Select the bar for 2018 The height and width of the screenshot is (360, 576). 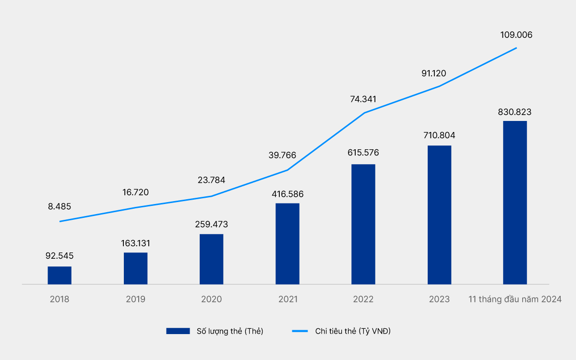point(60,276)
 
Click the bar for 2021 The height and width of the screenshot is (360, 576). point(288,244)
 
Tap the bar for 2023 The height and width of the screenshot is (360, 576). point(439,215)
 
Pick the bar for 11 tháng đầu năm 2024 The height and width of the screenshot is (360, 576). point(515,203)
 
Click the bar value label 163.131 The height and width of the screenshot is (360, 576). point(135,243)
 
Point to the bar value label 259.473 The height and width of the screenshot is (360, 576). point(212,224)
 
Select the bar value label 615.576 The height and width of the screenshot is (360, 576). point(363,153)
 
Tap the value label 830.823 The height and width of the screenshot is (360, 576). point(515,112)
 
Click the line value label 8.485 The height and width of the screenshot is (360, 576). point(60,207)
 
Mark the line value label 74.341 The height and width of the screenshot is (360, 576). point(363,99)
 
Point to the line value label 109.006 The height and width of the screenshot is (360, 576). point(516,35)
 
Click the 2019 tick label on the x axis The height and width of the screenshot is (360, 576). point(135,299)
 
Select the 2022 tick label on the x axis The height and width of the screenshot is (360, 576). point(363,299)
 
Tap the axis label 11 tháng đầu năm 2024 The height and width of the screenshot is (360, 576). point(515,299)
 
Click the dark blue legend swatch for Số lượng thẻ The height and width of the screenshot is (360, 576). point(179,331)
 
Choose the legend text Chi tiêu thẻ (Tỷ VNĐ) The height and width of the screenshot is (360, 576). point(353,331)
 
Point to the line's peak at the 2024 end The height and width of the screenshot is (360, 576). point(516,48)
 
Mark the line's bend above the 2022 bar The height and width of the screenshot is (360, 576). point(364,113)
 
